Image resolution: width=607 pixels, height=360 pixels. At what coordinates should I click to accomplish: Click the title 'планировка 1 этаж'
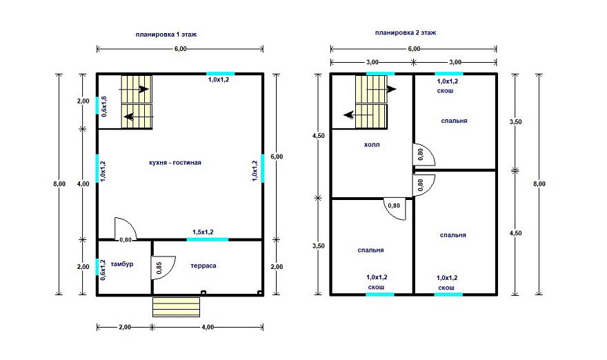click(166, 34)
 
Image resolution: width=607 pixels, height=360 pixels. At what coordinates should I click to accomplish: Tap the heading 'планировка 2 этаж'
click(406, 33)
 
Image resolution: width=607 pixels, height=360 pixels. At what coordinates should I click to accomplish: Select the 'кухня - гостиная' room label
click(175, 163)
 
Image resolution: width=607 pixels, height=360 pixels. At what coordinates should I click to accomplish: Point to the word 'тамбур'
click(122, 264)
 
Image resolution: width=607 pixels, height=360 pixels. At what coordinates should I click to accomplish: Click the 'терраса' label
click(203, 266)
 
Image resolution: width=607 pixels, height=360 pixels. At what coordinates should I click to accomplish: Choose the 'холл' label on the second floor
click(372, 145)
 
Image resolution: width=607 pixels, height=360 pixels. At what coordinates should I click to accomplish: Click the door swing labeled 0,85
click(163, 267)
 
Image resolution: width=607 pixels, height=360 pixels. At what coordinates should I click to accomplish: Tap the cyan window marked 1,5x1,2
click(208, 239)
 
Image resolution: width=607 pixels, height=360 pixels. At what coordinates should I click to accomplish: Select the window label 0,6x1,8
click(103, 106)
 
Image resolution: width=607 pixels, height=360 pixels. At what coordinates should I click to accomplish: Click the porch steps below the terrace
click(176, 307)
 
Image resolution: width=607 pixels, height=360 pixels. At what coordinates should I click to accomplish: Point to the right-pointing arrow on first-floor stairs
click(143, 89)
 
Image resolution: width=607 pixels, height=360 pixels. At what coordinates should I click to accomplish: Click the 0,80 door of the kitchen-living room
click(125, 229)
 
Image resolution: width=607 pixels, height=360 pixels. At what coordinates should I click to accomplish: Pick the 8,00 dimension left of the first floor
click(59, 184)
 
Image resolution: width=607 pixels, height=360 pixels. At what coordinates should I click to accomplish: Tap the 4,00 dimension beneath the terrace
click(208, 327)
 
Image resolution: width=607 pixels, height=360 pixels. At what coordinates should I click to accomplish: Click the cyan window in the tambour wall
click(97, 267)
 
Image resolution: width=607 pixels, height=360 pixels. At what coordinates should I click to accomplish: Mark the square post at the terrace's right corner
click(260, 292)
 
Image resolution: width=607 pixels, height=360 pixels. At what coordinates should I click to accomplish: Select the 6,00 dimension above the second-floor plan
click(414, 49)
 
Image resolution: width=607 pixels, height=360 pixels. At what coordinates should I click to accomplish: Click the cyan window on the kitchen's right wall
click(263, 168)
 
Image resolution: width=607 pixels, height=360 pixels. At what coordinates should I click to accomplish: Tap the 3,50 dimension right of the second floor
click(515, 121)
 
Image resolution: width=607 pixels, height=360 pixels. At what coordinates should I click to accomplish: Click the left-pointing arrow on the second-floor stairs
click(349, 114)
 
